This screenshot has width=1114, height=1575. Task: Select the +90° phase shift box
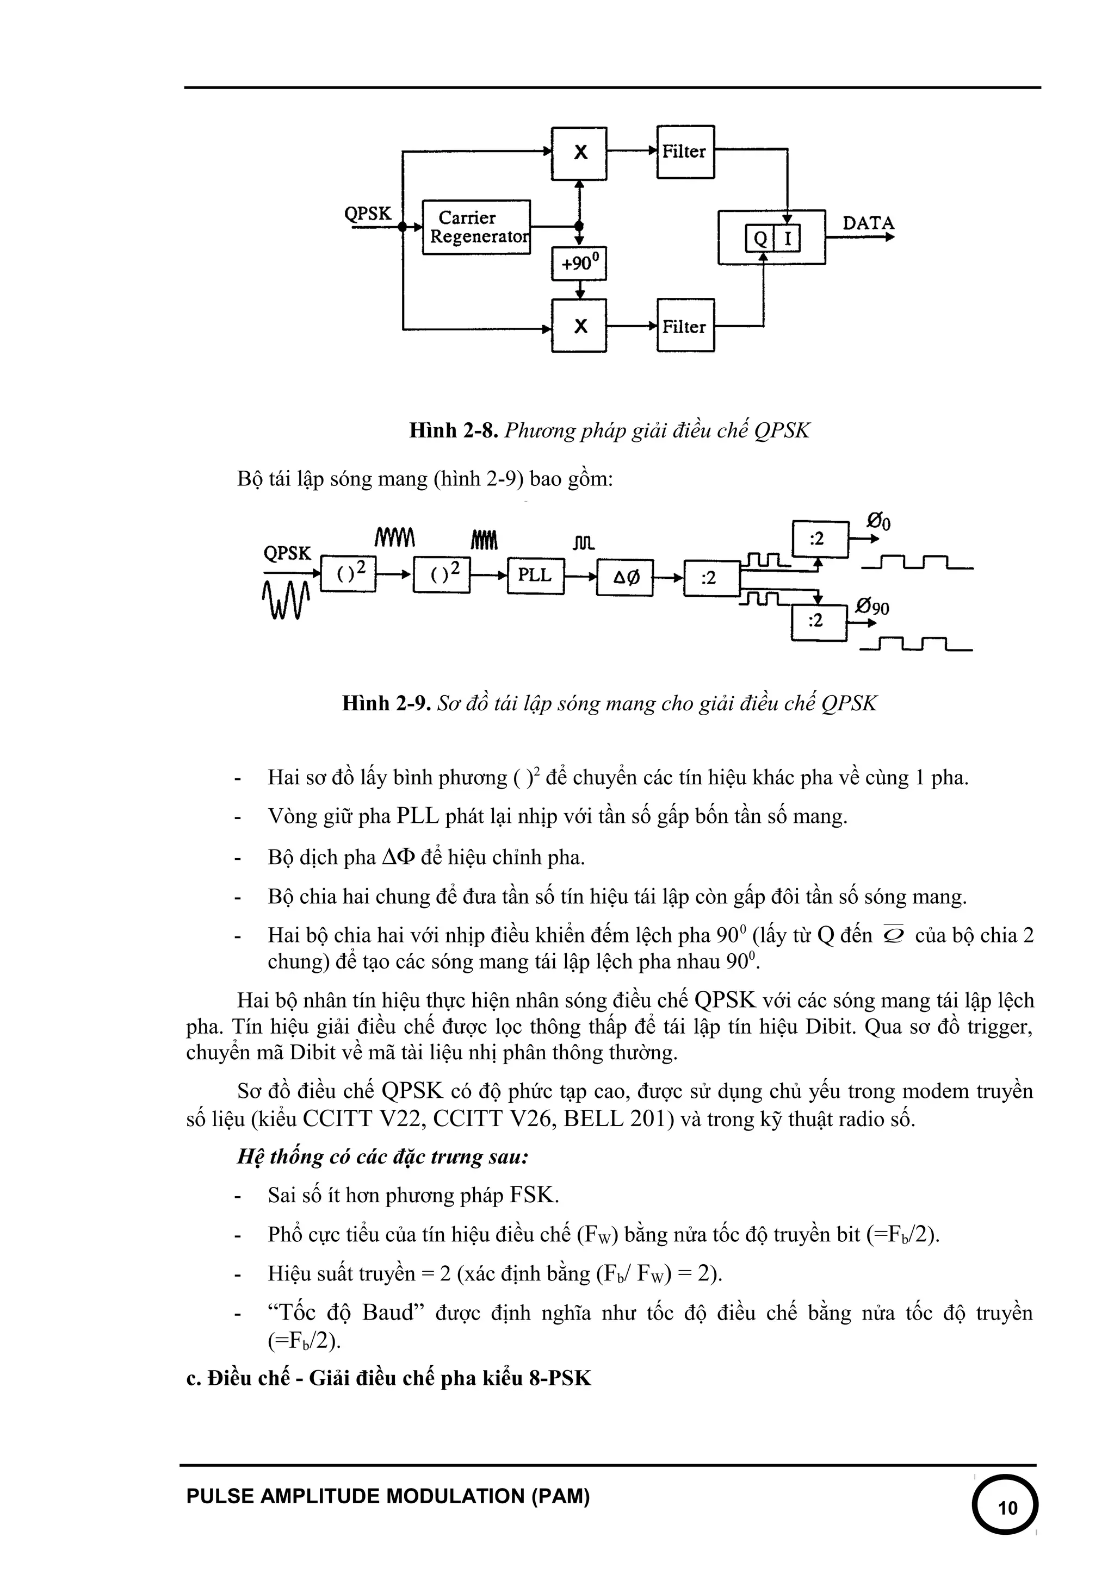point(579,264)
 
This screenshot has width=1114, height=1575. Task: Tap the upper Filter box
point(685,152)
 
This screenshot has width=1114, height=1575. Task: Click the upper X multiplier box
point(579,152)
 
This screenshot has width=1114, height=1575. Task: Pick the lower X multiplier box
point(579,326)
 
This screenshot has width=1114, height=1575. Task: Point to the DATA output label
point(868,223)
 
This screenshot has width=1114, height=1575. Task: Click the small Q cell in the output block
point(760,239)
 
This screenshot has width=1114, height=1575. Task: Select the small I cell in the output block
point(787,239)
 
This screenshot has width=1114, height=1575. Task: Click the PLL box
point(535,576)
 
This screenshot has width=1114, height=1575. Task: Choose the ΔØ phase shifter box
point(626,578)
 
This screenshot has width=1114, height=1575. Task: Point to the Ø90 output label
point(872,607)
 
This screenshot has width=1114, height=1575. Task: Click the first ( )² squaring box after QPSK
point(348,574)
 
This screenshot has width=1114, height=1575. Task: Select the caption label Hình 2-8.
point(453,431)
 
